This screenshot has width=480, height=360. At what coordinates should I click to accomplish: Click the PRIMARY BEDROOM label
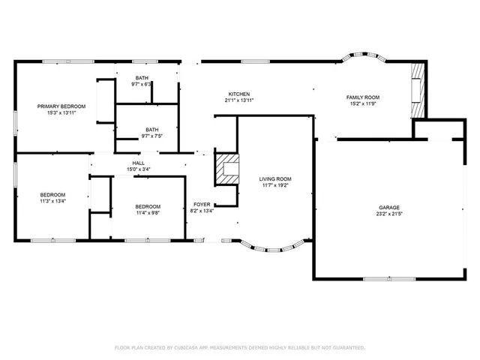tap(61, 106)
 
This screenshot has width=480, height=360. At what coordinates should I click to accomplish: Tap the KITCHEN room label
tap(239, 94)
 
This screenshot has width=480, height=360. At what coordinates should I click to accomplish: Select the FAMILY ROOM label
tap(363, 97)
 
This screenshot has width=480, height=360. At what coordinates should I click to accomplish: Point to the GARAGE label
tap(388, 208)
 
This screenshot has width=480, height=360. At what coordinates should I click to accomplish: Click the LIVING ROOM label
tap(275, 179)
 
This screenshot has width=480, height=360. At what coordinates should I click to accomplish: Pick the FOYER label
tap(202, 204)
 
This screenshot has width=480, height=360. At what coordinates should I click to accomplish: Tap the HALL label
tap(139, 163)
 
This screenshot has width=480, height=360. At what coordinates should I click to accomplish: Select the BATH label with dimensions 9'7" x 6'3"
tap(142, 78)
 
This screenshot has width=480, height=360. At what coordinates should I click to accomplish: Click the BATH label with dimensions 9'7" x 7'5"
tap(152, 129)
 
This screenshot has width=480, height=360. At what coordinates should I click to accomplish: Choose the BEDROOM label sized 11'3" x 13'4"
tap(52, 195)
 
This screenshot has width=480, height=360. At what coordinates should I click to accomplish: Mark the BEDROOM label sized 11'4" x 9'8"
tap(148, 206)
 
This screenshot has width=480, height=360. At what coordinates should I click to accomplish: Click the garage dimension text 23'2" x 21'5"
tap(388, 214)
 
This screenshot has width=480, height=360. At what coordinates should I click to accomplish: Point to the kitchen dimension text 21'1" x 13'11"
tap(239, 100)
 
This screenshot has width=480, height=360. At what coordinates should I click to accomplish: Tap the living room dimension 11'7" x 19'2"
tap(275, 186)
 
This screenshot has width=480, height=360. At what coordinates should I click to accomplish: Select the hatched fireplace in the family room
tap(418, 89)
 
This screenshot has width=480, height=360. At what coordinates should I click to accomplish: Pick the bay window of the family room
tap(363, 58)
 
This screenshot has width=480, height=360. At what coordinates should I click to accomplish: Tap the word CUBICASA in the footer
tap(191, 348)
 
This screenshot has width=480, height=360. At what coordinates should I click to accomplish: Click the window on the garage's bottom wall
tap(378, 279)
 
